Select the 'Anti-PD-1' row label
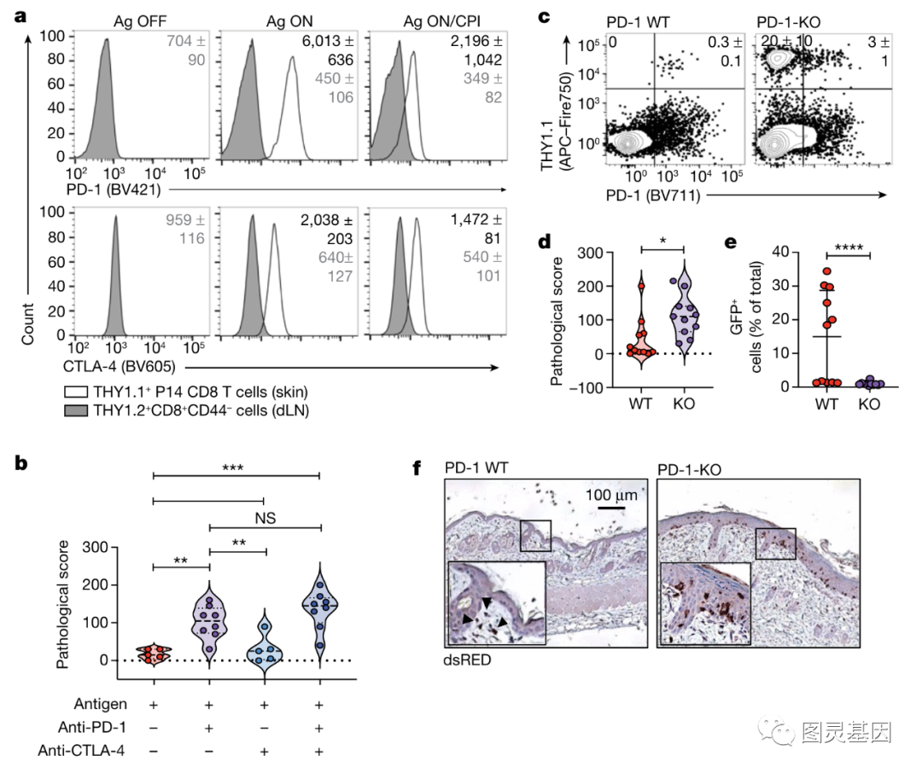(82, 727)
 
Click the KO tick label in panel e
(868, 404)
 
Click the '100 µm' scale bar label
(611, 494)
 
